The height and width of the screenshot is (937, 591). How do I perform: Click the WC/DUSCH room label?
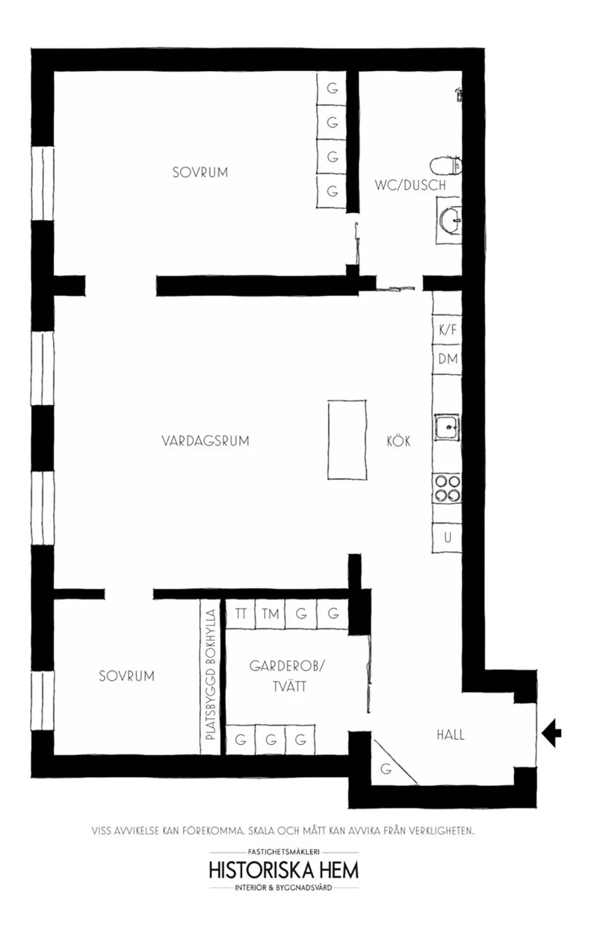point(410,185)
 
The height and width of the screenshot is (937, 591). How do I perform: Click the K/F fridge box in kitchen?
point(447,329)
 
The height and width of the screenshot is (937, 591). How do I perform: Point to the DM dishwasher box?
point(447,358)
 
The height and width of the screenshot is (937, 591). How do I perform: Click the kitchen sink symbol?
point(447,426)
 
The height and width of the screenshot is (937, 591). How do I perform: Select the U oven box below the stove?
point(447,537)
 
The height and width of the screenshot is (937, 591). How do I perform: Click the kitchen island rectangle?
point(347,439)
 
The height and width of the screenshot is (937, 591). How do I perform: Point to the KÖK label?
point(398,441)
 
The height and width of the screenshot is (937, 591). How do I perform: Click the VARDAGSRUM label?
point(205,441)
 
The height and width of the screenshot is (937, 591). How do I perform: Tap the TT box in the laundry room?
point(240,614)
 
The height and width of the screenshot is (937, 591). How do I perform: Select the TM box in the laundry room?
point(271,614)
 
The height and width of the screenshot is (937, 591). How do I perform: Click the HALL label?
point(450,735)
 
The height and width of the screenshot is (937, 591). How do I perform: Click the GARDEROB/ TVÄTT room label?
point(288,676)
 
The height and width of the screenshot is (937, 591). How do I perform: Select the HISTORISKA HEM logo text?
point(284,870)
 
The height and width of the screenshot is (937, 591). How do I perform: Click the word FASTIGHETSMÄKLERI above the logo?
point(284,852)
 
